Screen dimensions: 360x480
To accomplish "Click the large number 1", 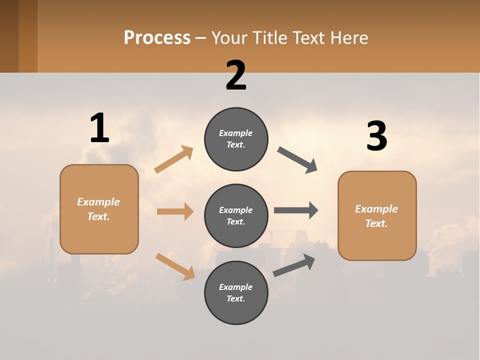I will click(x=99, y=128).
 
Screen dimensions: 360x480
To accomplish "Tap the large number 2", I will click(x=236, y=75).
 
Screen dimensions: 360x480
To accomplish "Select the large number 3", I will click(x=377, y=136).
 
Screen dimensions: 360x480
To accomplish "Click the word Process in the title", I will click(x=157, y=37).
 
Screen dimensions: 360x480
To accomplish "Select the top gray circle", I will click(x=236, y=139).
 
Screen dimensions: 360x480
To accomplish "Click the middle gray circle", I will click(x=236, y=215).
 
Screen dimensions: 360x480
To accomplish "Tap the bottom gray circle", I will click(x=236, y=292).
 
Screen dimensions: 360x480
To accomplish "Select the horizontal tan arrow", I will click(x=175, y=211).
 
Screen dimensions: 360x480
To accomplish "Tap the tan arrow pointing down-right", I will click(x=175, y=266).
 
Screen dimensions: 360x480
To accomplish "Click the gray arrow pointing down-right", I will click(x=297, y=160).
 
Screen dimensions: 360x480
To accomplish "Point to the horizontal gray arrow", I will click(x=296, y=210).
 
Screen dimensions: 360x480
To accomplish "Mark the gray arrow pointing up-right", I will click(x=294, y=265).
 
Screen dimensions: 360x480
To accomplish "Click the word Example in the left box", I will click(x=98, y=202).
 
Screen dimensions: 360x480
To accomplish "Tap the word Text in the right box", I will click(x=376, y=223).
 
